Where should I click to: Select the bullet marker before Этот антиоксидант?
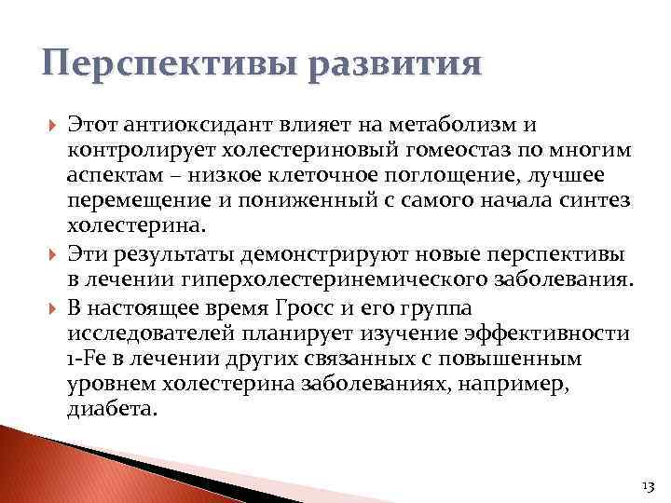pos(49,126)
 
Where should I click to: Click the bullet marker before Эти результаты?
pos(49,255)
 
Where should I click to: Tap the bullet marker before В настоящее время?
pos(49,307)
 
